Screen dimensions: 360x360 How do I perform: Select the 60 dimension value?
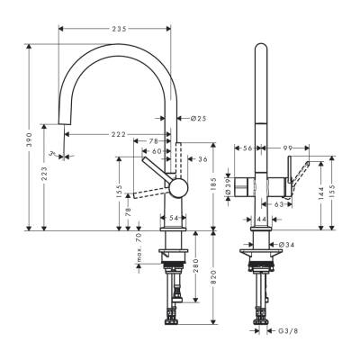[x=157, y=151]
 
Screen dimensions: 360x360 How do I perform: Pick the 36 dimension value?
[x=202, y=159]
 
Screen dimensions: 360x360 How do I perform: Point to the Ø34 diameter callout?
[x=284, y=245]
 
